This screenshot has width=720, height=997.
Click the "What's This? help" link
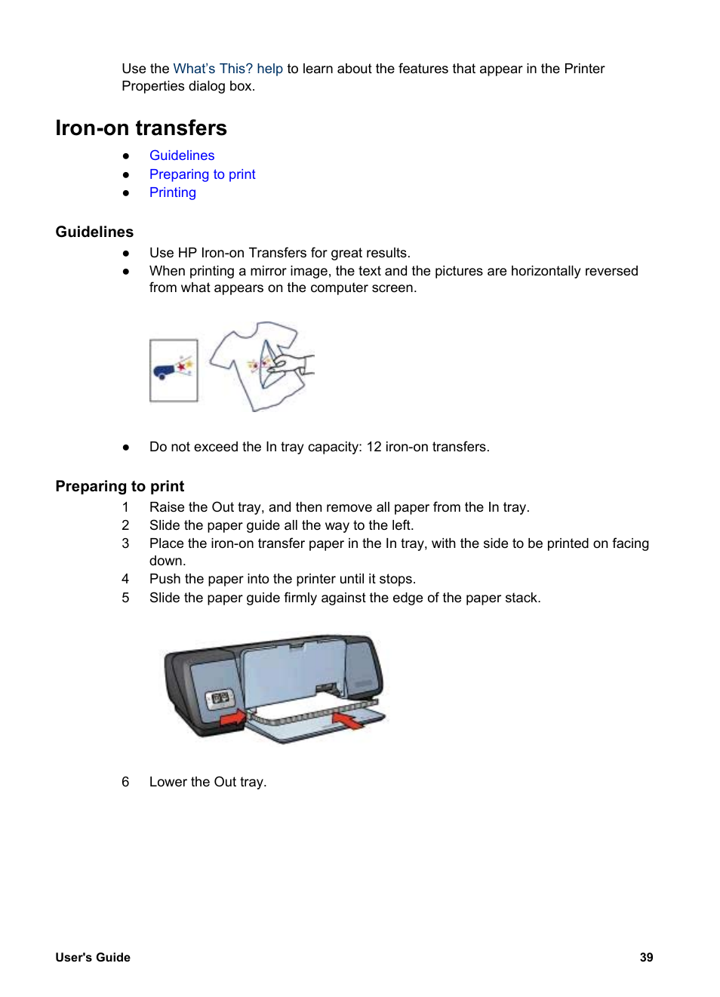pos(227,69)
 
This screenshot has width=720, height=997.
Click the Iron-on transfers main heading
pos(141,128)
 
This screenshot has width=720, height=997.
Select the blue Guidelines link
pos(182,155)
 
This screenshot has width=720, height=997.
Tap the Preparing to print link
pos(202,174)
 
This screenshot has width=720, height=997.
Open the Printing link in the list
pos(172,192)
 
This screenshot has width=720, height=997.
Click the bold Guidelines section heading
pos(94,232)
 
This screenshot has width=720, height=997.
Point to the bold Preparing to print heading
pos(119,486)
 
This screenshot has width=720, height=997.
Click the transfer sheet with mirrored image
pos(174,371)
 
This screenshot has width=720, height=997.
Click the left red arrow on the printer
pos(232,718)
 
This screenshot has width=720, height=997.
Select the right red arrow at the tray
pos(348,721)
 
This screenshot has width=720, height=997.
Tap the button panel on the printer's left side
pos(220,698)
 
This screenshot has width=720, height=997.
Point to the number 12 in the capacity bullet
pos(374,447)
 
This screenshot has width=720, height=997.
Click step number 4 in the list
pos(125,579)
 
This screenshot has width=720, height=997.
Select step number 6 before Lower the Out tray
pos(125,782)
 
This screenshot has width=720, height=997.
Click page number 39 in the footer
pos(646,957)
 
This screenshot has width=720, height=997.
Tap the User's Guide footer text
pos(93,957)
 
